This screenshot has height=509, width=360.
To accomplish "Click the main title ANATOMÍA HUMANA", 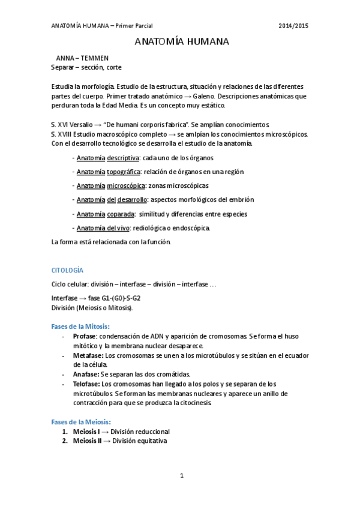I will (181, 43).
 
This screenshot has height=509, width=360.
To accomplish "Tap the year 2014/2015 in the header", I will (294, 25).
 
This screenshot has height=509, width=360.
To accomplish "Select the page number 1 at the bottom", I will (181, 475).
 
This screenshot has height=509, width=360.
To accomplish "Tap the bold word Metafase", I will (87, 355).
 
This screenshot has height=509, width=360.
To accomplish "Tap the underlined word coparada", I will (120, 214).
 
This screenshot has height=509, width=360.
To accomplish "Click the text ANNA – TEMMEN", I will (82, 58).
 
